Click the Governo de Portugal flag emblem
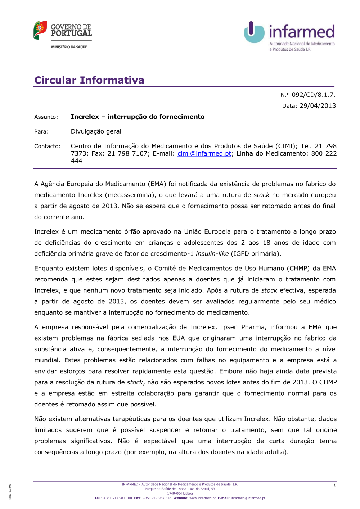pyautogui.click(x=40, y=30)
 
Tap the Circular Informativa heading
pyautogui.click(x=89, y=80)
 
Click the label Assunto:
pyautogui.click(x=46, y=117)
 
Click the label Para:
pyautogui.click(x=41, y=132)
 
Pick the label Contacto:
pyautogui.click(x=48, y=146)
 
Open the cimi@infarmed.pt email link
pyautogui.click(x=204, y=153)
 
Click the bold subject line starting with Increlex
pyautogui.click(x=138, y=117)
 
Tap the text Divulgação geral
pyautogui.click(x=96, y=131)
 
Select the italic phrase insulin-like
pyautogui.click(x=212, y=253)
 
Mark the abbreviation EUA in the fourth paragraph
pyautogui.click(x=179, y=338)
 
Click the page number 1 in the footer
pyautogui.click(x=334, y=485)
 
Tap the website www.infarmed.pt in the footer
pyautogui.click(x=202, y=498)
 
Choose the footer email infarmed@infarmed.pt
pyautogui.click(x=248, y=498)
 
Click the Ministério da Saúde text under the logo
pyautogui.click(x=69, y=47)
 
